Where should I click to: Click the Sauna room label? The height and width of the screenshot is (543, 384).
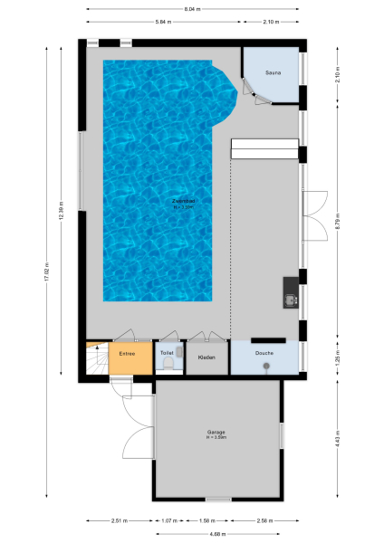(x=273, y=71)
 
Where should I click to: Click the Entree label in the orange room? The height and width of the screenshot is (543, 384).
(x=128, y=354)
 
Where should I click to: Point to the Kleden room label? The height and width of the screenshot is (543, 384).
(x=206, y=358)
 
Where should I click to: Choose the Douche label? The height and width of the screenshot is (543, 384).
(x=264, y=353)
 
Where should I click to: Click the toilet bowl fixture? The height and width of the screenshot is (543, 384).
(x=168, y=364)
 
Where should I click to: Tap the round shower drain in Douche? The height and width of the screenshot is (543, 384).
(x=266, y=366)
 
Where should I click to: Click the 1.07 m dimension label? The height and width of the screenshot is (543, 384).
(x=168, y=520)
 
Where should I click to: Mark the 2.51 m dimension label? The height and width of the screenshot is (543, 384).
(x=119, y=520)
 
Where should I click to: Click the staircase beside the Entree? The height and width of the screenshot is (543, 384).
(x=96, y=358)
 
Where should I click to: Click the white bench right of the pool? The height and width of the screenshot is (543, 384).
(x=264, y=149)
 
